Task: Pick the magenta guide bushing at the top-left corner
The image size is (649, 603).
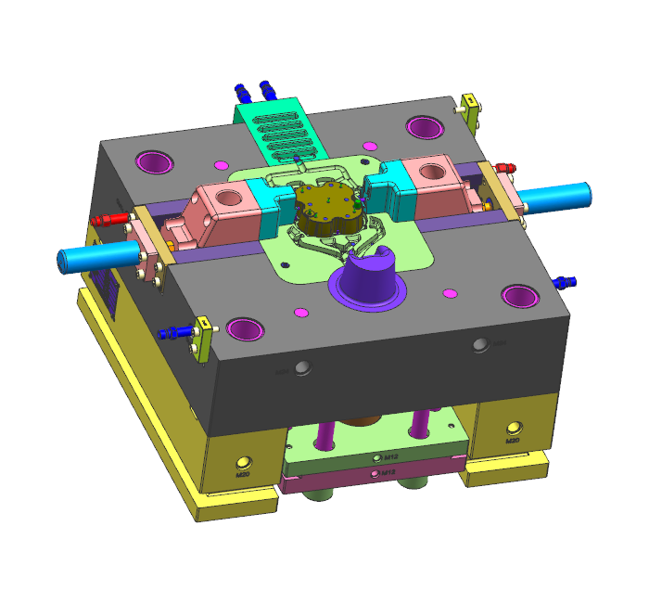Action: [155, 162]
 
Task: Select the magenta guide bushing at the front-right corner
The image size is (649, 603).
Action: [520, 296]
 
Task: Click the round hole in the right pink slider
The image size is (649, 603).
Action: [432, 172]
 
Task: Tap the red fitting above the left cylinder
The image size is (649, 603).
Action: [108, 220]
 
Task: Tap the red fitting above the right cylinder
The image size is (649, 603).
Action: [503, 168]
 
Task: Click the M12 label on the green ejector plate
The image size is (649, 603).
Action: [390, 457]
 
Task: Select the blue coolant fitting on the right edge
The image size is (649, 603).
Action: [565, 279]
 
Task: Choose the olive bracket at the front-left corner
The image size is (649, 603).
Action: [198, 340]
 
